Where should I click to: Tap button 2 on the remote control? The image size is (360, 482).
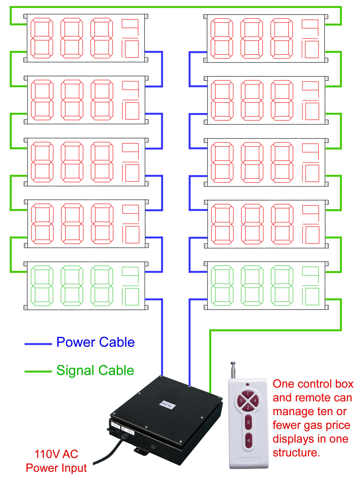click(248, 407)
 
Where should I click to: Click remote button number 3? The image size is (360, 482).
click(241, 401)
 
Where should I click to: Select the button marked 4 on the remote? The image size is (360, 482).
click(255, 401)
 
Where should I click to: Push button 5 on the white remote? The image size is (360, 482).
click(248, 422)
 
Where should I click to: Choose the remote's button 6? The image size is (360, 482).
click(248, 441)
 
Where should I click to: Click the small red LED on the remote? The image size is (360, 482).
click(248, 384)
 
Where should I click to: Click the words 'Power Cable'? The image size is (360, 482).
click(96, 342)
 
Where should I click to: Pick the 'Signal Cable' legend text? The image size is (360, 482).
click(95, 370)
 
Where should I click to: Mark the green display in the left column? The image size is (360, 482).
click(85, 285)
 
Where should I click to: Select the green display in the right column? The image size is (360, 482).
click(265, 285)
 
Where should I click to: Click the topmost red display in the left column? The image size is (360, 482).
click(85, 38)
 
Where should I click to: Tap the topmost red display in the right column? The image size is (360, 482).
click(265, 38)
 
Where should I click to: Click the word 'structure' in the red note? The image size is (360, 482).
click(295, 452)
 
